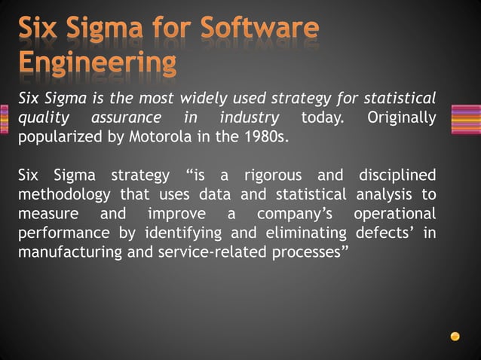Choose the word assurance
tap(126, 119)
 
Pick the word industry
tap(249, 119)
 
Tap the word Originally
tap(401, 119)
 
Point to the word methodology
tap(62, 195)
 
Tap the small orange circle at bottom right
tap(455, 336)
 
